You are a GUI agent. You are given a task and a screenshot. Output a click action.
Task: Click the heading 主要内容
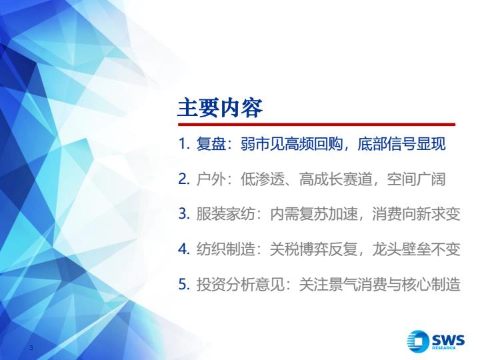coord(220,108)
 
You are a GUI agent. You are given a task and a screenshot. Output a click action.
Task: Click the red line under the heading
coord(317,124)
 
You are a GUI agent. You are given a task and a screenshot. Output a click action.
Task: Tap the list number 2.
coord(184,179)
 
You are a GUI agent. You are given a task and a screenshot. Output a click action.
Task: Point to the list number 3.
coord(184,213)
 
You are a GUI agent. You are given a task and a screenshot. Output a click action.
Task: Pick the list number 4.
coord(184,249)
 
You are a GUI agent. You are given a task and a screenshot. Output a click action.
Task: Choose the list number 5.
coord(184,284)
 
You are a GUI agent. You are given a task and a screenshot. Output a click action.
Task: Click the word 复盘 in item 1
coord(211,143)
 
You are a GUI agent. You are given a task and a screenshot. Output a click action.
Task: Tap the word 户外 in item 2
coord(211,179)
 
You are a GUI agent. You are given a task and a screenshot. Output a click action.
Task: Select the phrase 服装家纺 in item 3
coord(225,213)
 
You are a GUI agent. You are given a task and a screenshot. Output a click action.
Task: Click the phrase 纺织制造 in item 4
coord(225,249)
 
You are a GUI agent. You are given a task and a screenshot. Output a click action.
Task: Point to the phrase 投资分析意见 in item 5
coord(241,284)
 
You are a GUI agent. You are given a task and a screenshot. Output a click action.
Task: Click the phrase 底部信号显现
coord(401,143)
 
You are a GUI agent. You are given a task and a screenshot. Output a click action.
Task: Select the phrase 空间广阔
coord(416,179)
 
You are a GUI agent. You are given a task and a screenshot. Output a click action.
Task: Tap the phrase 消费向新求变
coord(416,213)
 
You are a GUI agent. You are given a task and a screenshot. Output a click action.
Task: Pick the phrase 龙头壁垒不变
coord(416,249)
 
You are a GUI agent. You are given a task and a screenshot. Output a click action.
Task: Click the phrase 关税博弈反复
coord(313,249)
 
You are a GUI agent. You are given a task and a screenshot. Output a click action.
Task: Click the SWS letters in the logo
coord(449,339)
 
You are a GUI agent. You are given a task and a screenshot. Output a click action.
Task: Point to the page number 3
coord(31,347)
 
